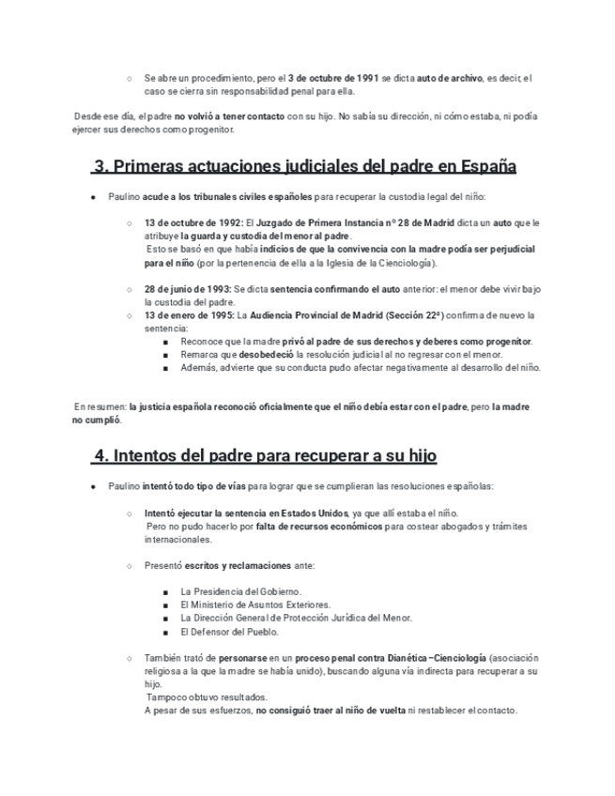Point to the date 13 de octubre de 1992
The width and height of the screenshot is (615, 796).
coord(192,223)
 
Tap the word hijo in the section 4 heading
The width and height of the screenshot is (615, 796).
coord(415,455)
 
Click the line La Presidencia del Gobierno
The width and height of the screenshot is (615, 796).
coord(240,591)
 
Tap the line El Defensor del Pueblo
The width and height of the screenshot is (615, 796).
coord(229,632)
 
